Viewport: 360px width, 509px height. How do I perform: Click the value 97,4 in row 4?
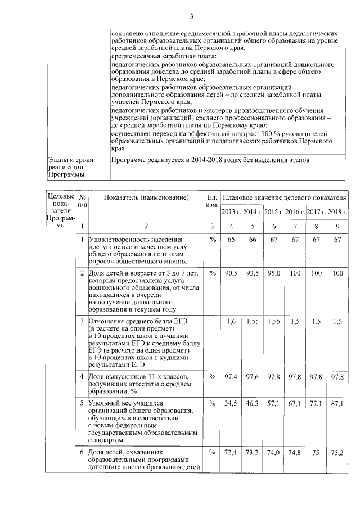pyautogui.click(x=231, y=376)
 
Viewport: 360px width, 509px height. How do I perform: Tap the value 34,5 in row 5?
pyautogui.click(x=231, y=404)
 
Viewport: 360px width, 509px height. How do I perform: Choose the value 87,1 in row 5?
pyautogui.click(x=337, y=404)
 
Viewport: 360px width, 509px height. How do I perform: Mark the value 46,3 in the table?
pyautogui.click(x=252, y=404)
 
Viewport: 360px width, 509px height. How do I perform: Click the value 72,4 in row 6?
pyautogui.click(x=231, y=452)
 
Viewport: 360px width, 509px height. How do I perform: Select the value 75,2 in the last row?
pyautogui.click(x=337, y=452)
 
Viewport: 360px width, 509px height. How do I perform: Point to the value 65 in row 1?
pyautogui.click(x=231, y=240)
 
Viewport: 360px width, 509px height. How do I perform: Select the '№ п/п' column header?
pyautogui.click(x=82, y=201)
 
